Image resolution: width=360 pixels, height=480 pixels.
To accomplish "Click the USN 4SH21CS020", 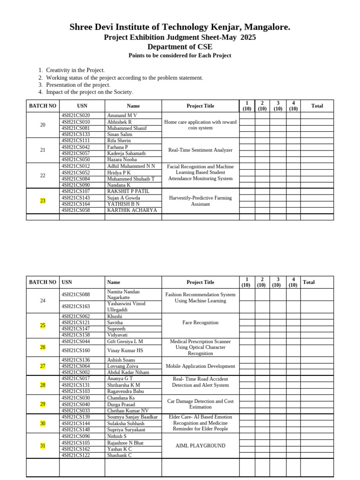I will coord(75,115).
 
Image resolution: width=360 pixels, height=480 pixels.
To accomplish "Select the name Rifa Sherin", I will coord(119,141).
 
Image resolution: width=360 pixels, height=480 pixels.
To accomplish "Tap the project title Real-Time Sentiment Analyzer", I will coord(200,150).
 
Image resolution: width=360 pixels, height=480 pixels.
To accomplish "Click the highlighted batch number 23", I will coord(43,201).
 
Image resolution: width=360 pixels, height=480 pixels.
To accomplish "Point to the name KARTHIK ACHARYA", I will coord(132,210).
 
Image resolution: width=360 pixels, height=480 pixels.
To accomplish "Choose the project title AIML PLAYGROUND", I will coord(200,446).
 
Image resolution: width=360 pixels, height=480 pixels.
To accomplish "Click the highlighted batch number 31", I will coord(43,446).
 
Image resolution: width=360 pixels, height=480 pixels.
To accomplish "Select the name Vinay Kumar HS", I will coord(125,350).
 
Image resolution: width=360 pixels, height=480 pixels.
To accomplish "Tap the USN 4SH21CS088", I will coord(75,294).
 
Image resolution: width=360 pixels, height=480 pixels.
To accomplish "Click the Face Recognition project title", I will coord(200,322).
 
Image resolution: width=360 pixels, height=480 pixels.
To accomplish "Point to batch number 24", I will coord(43,300).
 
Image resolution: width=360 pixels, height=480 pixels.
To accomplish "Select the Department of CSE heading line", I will coord(180,47).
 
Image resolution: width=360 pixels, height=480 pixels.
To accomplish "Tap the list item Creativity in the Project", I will coord(75,70).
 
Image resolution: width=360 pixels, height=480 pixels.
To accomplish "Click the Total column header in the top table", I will coord(317,106).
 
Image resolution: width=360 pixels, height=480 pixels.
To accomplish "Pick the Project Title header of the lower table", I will coord(200,282).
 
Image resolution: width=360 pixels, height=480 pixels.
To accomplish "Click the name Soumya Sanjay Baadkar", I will coord(132,417).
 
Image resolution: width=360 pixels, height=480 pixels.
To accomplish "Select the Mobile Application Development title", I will coord(200,366).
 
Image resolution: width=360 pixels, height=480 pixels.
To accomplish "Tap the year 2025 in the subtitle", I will coord(248,37).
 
